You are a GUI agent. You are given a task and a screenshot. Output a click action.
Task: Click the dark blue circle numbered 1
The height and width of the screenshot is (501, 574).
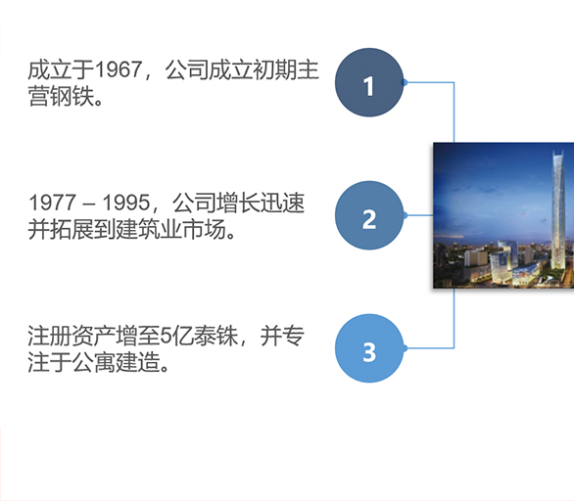(369, 82)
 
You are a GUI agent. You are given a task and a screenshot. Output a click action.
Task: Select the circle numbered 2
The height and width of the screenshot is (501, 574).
(369, 215)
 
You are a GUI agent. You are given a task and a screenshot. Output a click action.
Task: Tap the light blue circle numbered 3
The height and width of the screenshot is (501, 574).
(369, 348)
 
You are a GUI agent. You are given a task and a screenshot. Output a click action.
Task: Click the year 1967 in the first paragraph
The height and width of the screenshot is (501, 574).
(119, 69)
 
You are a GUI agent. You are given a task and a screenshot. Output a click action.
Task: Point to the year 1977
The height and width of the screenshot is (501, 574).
(52, 203)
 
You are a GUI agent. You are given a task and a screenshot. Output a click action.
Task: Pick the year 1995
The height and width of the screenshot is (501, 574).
(126, 203)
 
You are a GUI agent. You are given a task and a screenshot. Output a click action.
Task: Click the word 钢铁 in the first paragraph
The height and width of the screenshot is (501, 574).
(72, 97)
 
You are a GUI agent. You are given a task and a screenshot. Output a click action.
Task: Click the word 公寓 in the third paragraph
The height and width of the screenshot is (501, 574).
(94, 362)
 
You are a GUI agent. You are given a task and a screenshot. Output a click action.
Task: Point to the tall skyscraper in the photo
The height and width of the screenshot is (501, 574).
(557, 211)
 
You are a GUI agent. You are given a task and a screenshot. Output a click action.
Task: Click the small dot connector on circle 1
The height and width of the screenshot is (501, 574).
(405, 82)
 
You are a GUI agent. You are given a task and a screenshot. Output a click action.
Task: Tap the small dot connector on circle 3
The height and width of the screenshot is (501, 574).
(405, 348)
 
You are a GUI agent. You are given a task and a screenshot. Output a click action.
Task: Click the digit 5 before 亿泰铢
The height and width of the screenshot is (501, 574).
(166, 336)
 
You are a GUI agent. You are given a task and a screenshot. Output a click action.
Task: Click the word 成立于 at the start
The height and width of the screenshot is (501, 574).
(61, 69)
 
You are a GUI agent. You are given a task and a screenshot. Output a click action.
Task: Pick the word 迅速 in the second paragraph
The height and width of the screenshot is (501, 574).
(282, 203)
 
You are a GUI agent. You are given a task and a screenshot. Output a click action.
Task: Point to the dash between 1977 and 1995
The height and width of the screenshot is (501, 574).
(89, 205)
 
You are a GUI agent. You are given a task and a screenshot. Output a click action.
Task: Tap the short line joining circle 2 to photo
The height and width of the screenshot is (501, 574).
(418, 215)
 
